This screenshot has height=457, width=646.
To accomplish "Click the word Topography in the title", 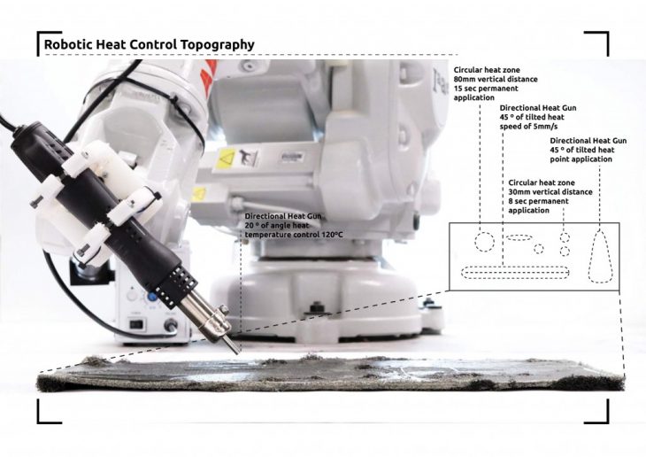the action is pos(217,44).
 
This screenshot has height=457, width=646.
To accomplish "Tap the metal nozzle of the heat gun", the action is pos(213,321).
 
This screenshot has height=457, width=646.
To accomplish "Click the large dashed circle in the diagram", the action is pos(484,242).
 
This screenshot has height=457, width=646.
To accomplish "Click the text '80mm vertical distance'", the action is pos(496,79).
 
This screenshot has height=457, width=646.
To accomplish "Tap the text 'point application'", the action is pos(581,159).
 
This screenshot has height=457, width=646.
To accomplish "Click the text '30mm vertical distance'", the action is pos(550,192).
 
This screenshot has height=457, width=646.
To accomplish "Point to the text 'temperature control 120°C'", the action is pos(294,235).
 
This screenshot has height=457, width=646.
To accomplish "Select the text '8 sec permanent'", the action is pos(538,201).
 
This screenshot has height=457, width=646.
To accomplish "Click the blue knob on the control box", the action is pos(151,296).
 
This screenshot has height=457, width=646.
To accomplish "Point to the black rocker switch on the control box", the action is pos(136,325).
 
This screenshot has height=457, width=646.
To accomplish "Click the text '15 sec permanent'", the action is pos(486,89).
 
